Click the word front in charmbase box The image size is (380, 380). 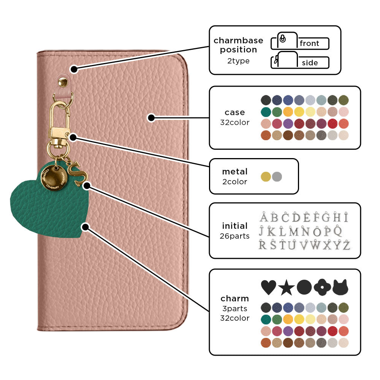click(309, 43)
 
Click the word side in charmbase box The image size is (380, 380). click(310, 63)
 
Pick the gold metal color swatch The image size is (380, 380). click(266, 177)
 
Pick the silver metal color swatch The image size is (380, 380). click(277, 177)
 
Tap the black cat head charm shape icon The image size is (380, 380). click(340, 288)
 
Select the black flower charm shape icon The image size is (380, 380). click(322, 288)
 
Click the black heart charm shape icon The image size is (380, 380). click(269, 288)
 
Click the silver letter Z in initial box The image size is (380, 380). click(346, 245)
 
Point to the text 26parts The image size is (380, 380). click(234, 236)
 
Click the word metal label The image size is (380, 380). click(234, 172)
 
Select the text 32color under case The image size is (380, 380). click(234, 122)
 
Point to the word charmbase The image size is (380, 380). click(238, 41)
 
